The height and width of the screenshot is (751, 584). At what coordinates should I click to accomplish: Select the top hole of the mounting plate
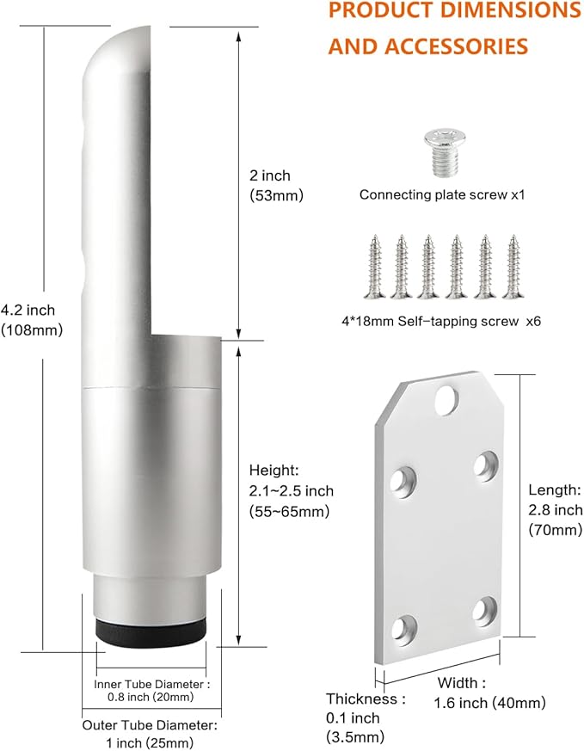click(x=446, y=400)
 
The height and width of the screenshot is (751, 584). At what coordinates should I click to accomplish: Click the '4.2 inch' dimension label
click(x=28, y=311)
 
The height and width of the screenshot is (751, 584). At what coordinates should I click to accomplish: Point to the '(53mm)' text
click(x=277, y=195)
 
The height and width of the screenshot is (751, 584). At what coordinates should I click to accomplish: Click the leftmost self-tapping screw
click(x=375, y=267)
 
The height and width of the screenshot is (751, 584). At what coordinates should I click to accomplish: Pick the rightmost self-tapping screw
click(x=513, y=267)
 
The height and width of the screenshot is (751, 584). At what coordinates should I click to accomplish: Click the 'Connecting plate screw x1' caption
click(x=442, y=195)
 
